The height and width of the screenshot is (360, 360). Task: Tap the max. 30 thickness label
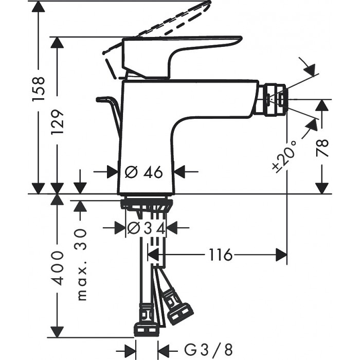(82, 264)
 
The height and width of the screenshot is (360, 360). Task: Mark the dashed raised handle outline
(159, 26)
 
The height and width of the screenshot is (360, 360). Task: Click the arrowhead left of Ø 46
(112, 172)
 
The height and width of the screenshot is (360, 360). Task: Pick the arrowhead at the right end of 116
(281, 255)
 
